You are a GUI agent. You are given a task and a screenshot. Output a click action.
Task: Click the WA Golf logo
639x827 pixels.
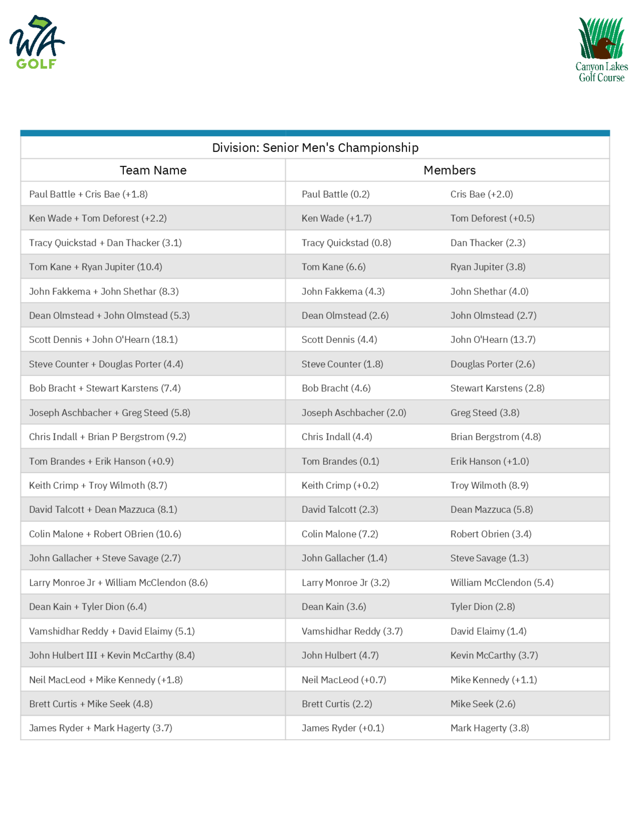(x=37, y=42)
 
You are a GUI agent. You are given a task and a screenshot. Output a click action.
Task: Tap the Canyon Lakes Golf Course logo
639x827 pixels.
(x=601, y=50)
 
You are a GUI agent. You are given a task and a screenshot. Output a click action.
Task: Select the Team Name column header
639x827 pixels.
(x=153, y=170)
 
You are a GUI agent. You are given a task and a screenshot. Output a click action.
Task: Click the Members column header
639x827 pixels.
(x=449, y=170)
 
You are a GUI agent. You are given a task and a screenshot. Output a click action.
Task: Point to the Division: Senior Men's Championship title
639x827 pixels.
(x=315, y=148)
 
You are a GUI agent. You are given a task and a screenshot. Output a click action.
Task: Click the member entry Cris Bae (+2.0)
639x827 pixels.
(x=481, y=194)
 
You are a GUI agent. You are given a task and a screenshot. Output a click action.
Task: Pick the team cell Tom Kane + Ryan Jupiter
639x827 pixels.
(x=96, y=267)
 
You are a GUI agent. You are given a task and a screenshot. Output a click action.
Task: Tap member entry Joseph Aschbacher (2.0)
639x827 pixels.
(x=354, y=413)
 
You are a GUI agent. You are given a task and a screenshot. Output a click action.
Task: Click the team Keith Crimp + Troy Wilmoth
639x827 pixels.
(x=98, y=485)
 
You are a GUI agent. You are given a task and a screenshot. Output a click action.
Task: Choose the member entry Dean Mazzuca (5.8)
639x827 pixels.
(x=491, y=510)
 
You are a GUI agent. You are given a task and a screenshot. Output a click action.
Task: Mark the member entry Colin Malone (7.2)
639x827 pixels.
(x=340, y=534)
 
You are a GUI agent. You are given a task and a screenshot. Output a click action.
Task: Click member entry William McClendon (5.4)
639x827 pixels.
(x=502, y=583)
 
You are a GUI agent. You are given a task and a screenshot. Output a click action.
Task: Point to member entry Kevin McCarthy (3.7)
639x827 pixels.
(x=494, y=655)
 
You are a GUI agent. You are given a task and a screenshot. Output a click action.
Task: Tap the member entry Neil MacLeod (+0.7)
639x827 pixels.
(x=344, y=680)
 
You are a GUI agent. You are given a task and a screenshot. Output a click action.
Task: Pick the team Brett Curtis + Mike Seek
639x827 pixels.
(x=91, y=704)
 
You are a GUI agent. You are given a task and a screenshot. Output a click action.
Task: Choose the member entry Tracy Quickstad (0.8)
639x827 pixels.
(x=346, y=243)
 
